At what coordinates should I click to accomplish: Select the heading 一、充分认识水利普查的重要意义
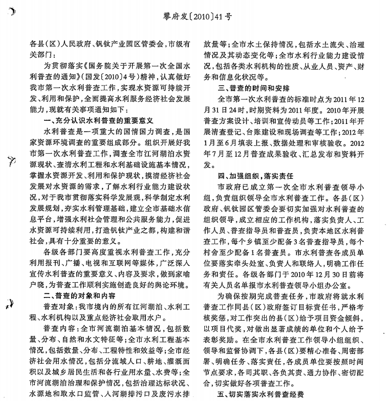click(x=98, y=121)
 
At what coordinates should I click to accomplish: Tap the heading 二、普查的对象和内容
click(x=79, y=296)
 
